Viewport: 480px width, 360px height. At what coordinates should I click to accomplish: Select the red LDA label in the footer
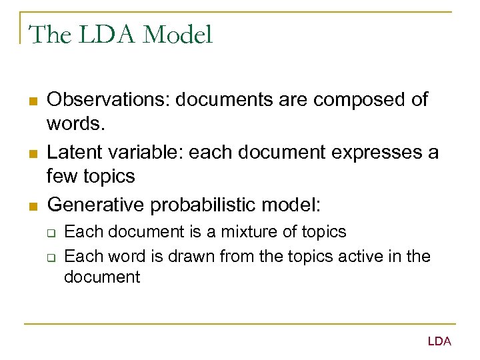tap(439, 341)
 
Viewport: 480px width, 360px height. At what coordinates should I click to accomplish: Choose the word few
tap(61, 177)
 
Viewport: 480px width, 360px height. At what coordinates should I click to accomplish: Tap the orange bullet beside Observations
tap(31, 101)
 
